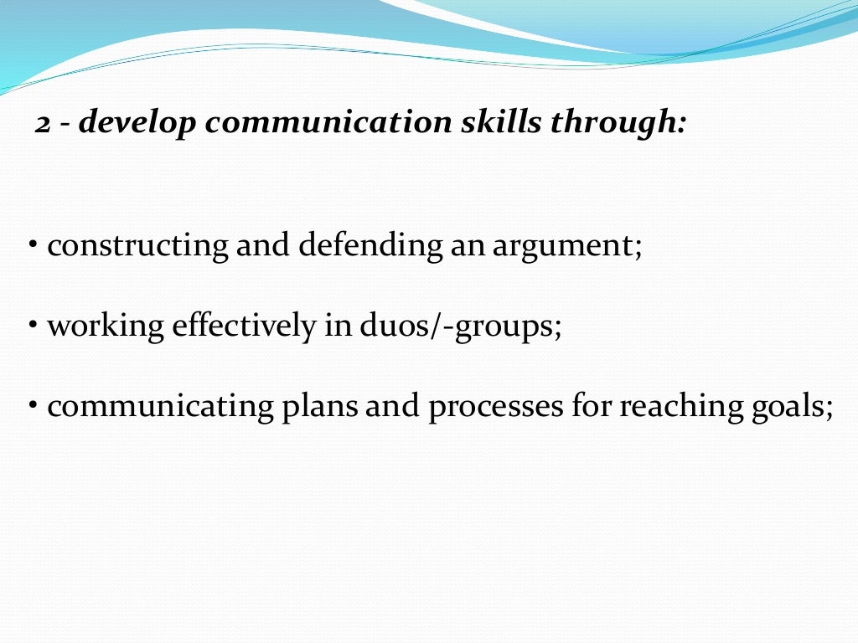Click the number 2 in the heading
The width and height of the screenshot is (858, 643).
click(x=44, y=124)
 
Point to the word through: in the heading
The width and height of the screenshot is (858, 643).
click(x=618, y=124)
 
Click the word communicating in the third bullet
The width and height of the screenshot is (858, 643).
click(x=160, y=408)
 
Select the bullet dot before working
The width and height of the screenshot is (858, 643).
click(x=33, y=324)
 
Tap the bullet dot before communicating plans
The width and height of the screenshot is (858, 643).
click(x=33, y=404)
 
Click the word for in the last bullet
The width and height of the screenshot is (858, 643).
click(x=592, y=406)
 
